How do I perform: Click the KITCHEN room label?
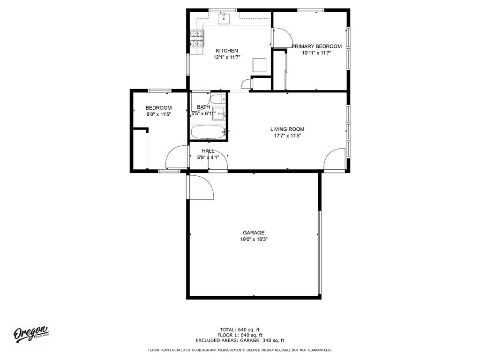226,51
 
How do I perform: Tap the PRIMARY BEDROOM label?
316,46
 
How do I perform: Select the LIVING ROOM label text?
287,129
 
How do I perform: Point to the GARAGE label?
254,232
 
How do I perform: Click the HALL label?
208,151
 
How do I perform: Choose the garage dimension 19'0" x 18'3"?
254,240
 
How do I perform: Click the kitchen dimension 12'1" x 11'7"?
227,57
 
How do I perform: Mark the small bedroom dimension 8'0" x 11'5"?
158,114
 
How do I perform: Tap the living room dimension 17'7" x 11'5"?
287,135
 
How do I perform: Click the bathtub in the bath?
208,132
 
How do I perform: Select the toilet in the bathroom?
218,100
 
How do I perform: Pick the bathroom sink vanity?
219,113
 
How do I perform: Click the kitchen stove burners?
197,39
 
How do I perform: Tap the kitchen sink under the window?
224,18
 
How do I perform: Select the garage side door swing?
200,187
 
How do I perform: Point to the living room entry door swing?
335,159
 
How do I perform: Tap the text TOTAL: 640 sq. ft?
240,330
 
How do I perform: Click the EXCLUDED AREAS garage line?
240,340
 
